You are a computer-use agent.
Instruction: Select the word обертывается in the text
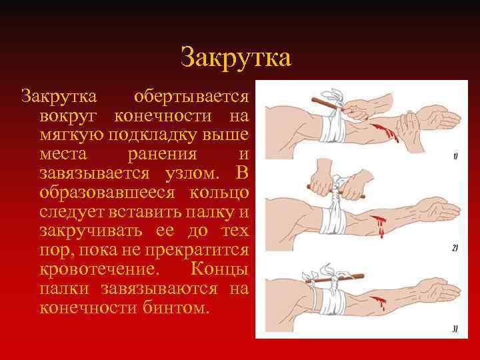[192, 97]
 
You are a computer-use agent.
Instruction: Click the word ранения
[165, 155]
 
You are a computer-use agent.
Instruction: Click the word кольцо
[219, 193]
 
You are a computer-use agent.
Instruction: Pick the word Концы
[219, 271]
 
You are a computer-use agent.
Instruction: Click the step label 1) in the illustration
[455, 157]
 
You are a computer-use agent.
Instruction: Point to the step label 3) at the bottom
[455, 328]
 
